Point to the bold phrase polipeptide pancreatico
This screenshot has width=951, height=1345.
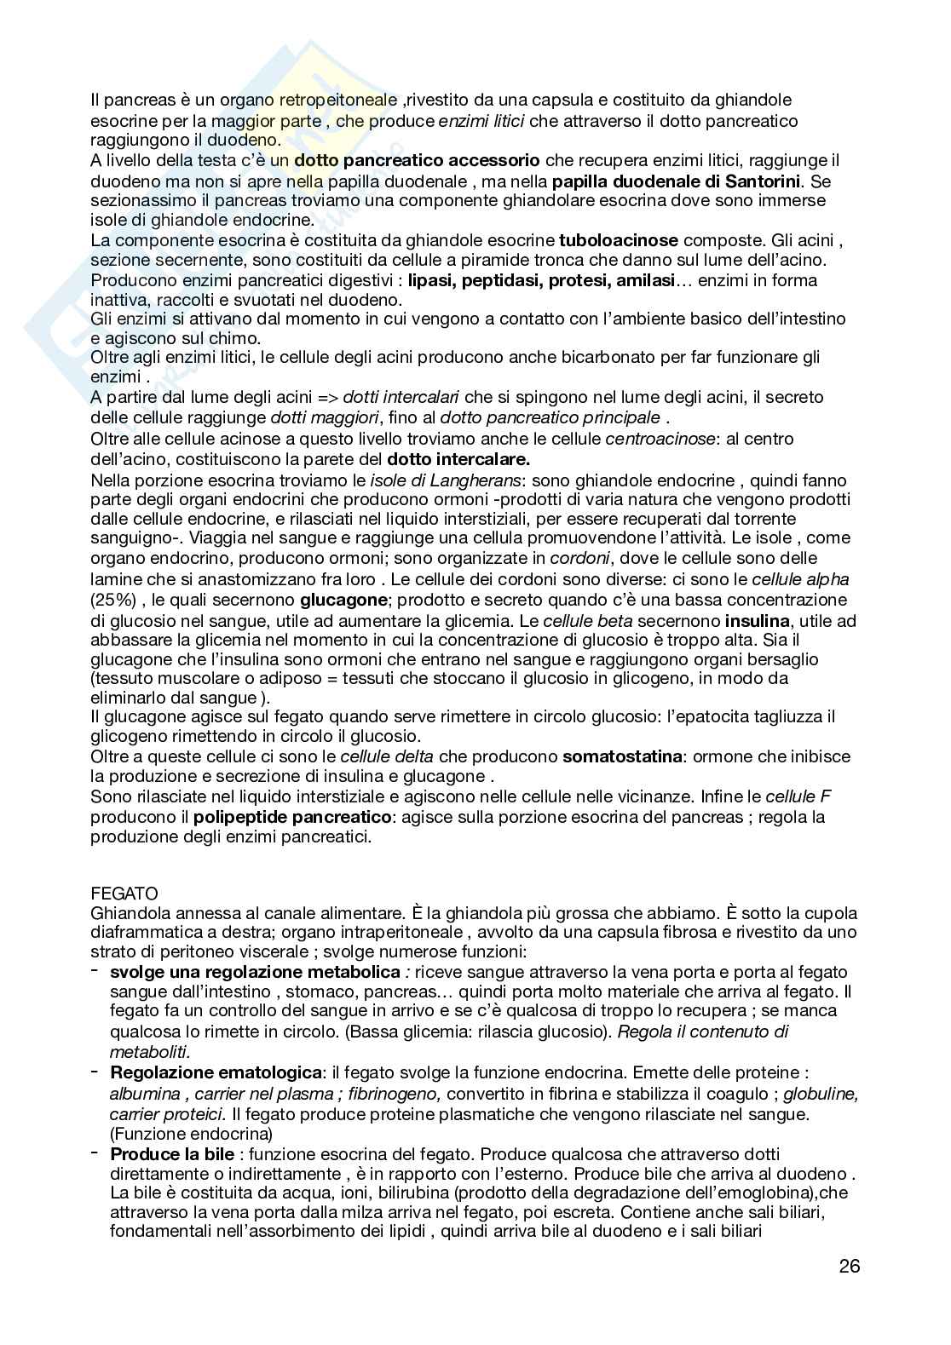point(292,817)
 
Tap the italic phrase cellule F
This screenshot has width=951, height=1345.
point(798,797)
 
